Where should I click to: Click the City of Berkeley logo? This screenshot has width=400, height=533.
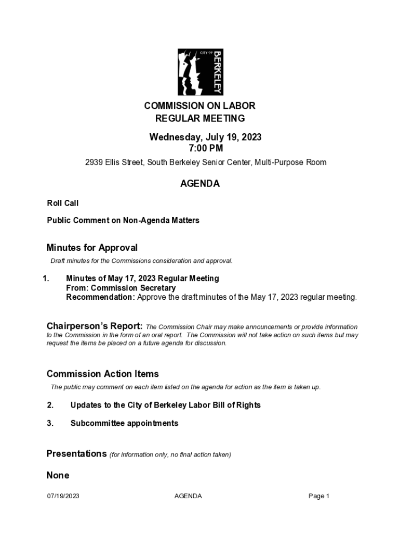(x=200, y=72)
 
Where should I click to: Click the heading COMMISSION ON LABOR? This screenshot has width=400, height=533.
(x=200, y=106)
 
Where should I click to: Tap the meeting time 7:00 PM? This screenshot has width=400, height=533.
(x=206, y=148)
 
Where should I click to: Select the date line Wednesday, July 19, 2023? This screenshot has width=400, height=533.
(x=205, y=137)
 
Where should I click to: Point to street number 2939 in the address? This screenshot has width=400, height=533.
(x=94, y=162)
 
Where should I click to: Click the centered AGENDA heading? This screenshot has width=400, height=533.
(x=200, y=184)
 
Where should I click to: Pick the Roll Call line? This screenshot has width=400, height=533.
(x=63, y=203)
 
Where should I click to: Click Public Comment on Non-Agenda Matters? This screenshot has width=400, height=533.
(x=123, y=220)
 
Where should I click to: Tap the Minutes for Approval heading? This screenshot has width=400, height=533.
(x=92, y=248)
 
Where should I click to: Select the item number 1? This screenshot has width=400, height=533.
(x=46, y=278)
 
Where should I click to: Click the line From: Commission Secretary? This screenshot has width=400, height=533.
(x=121, y=288)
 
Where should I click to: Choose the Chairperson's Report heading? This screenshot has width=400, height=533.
(x=95, y=326)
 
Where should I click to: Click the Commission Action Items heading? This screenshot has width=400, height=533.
(x=103, y=374)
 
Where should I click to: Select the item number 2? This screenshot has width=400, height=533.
(x=50, y=405)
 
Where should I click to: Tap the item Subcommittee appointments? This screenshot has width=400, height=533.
(x=124, y=423)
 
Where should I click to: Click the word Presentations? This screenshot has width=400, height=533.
(x=77, y=453)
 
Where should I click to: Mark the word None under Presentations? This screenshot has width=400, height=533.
(x=58, y=475)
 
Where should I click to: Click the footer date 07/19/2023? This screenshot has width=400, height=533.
(x=63, y=496)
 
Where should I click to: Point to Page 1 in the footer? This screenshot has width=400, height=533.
(x=319, y=496)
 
